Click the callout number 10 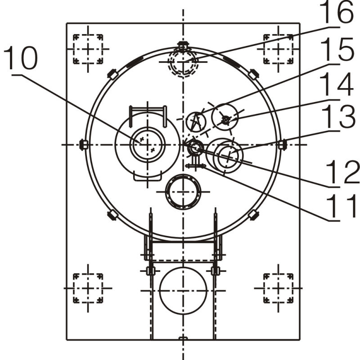(x=21, y=59)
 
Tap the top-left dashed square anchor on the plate (x=88, y=49)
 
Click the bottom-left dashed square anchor (x=88, y=288)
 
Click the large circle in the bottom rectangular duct (x=183, y=290)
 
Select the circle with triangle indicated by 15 (x=196, y=120)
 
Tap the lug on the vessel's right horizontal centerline (x=282, y=144)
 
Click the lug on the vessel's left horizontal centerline (x=83, y=144)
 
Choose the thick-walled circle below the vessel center (x=183, y=192)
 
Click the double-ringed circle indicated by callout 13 (x=228, y=156)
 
